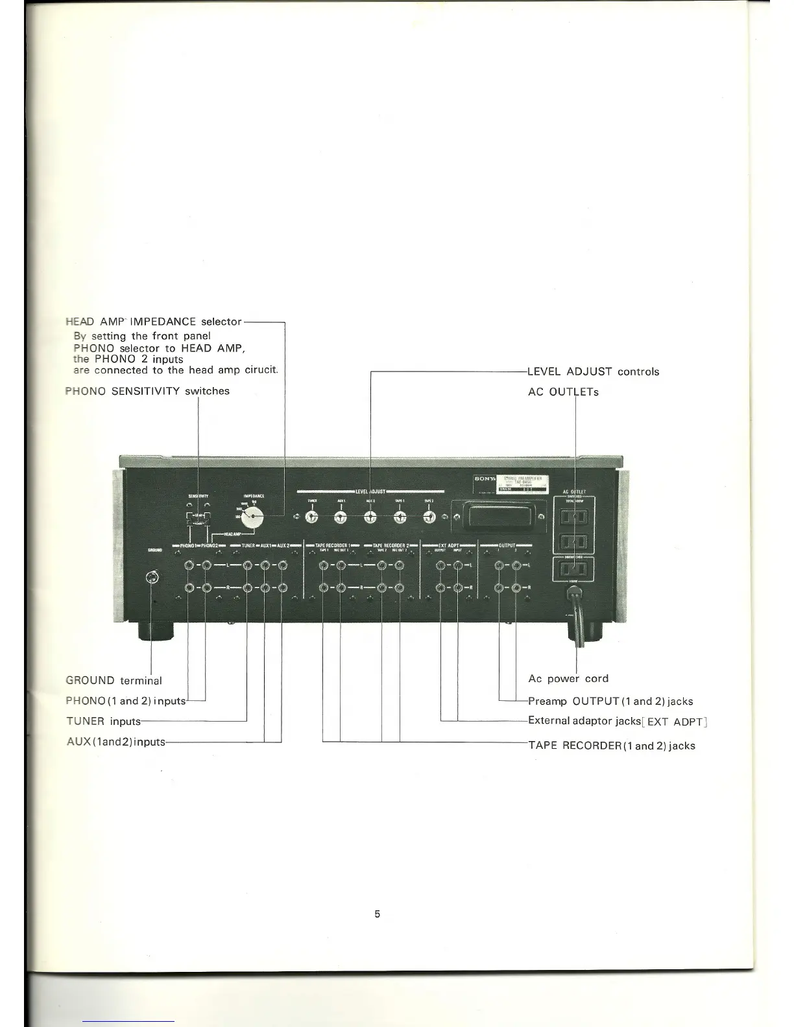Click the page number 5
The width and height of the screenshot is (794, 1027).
pyautogui.click(x=377, y=914)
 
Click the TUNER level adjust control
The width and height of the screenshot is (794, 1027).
pyautogui.click(x=311, y=517)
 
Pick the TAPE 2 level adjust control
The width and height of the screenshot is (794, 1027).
pyautogui.click(x=429, y=517)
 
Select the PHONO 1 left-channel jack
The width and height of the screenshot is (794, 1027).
pyautogui.click(x=188, y=566)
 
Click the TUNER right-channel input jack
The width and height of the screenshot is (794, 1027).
pyautogui.click(x=247, y=589)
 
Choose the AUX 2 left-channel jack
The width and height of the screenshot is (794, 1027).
pyautogui.click(x=282, y=566)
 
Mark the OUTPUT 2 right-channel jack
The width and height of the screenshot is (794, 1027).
pyautogui.click(x=516, y=589)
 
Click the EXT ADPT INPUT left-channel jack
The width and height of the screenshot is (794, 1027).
pyautogui.click(x=458, y=566)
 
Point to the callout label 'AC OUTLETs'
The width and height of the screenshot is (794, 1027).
pyautogui.click(x=563, y=392)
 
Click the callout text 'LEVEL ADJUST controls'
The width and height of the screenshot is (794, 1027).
pyautogui.click(x=593, y=372)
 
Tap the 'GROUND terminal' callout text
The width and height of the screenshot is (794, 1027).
pyautogui.click(x=114, y=681)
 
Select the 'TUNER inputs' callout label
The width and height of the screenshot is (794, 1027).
pyautogui.click(x=103, y=721)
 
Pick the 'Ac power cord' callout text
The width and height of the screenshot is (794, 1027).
pyautogui.click(x=568, y=679)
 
